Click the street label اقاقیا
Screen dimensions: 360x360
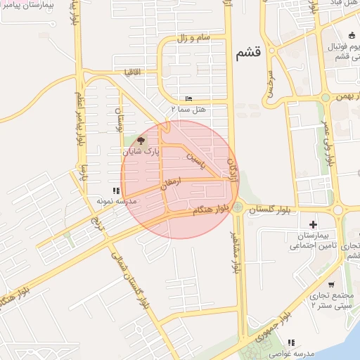tap(134, 72)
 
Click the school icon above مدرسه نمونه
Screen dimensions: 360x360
tap(116, 191)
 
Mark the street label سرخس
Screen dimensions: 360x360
tap(269, 88)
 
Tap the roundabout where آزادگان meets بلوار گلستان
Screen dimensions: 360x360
tap(238, 207)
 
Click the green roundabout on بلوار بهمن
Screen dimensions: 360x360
tap(326, 98)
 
